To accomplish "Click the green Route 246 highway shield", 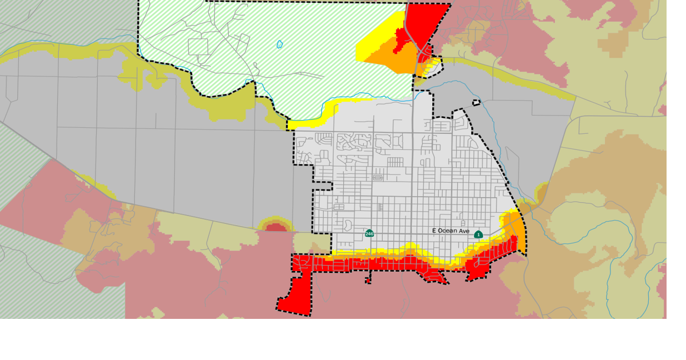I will point(369,233).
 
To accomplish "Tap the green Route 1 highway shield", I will point(478,234).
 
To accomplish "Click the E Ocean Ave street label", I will point(451,231).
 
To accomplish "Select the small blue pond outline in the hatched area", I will point(279,44).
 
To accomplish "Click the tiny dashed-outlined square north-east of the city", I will point(476,102).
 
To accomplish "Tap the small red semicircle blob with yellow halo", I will point(275,226).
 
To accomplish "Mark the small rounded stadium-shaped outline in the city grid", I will point(378,178).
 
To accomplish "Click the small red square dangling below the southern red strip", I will point(368,281).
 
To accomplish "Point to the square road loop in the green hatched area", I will point(198,47).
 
